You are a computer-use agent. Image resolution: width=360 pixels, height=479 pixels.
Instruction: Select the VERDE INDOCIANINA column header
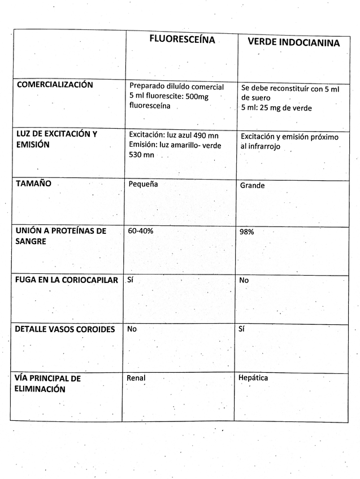(294, 43)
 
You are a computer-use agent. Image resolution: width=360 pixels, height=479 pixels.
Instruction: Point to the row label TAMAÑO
(34, 184)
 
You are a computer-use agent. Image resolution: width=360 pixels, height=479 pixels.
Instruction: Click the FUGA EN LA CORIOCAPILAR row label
(66, 280)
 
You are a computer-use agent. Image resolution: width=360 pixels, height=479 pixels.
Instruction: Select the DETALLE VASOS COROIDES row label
(64, 329)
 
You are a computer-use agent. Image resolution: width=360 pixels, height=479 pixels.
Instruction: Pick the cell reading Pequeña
(144, 184)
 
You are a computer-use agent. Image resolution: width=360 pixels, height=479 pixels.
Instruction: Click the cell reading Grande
(252, 185)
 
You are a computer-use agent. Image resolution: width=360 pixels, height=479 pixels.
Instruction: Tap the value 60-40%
(141, 231)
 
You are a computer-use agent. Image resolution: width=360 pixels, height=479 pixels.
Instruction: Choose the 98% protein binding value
(248, 232)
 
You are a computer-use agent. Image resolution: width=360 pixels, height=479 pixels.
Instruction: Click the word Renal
(136, 378)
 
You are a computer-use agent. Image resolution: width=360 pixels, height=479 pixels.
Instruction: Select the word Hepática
(253, 378)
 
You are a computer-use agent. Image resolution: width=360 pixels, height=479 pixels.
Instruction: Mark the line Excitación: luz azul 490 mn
(174, 135)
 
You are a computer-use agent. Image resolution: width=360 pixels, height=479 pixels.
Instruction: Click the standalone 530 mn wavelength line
(141, 155)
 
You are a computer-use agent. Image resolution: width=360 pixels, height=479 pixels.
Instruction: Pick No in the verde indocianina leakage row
(244, 280)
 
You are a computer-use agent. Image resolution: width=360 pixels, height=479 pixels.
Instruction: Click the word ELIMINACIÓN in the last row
(40, 389)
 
